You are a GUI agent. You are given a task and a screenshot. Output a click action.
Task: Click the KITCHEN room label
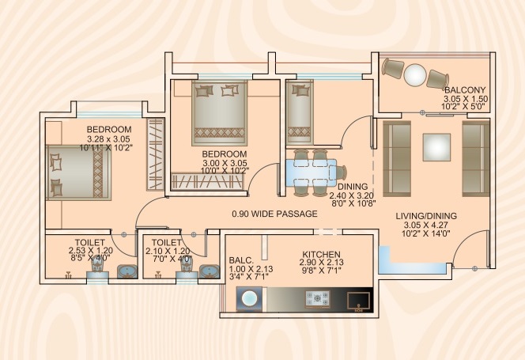tap(322, 255)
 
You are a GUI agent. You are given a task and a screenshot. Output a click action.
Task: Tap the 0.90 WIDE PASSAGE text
tap(274, 214)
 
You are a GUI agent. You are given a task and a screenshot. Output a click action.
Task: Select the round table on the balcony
tap(414, 74)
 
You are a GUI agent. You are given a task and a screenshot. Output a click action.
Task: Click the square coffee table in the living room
tap(436, 147)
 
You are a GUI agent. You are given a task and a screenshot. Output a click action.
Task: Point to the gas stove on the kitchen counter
tap(317, 298)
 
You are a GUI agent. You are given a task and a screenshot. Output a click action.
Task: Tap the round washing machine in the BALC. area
tap(249, 298)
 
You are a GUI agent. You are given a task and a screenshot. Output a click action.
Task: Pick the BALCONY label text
tap(465, 90)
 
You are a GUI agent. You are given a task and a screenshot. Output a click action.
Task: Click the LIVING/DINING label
tap(426, 216)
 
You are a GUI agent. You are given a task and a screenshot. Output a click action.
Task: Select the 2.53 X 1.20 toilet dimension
tap(90, 250)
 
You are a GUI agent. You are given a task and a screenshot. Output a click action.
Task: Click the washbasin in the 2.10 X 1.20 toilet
tap(210, 271)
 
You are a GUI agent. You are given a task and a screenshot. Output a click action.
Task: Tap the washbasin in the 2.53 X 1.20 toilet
tap(127, 271)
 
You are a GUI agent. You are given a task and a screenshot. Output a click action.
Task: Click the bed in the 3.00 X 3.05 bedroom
tap(220, 113)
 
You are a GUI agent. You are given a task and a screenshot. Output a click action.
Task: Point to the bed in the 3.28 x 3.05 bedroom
tap(79, 172)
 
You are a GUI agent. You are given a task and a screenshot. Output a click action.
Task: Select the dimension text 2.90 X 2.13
tap(322, 263)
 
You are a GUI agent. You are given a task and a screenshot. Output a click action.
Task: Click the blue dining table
tap(311, 172)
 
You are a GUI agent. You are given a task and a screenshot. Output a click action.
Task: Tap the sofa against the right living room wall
tap(476, 158)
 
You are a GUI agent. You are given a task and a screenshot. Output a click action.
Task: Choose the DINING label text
tap(353, 187)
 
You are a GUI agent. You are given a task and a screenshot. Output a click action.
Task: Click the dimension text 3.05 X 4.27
tap(426, 225)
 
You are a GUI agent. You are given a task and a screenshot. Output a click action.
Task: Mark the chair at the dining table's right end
tap(342, 172)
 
